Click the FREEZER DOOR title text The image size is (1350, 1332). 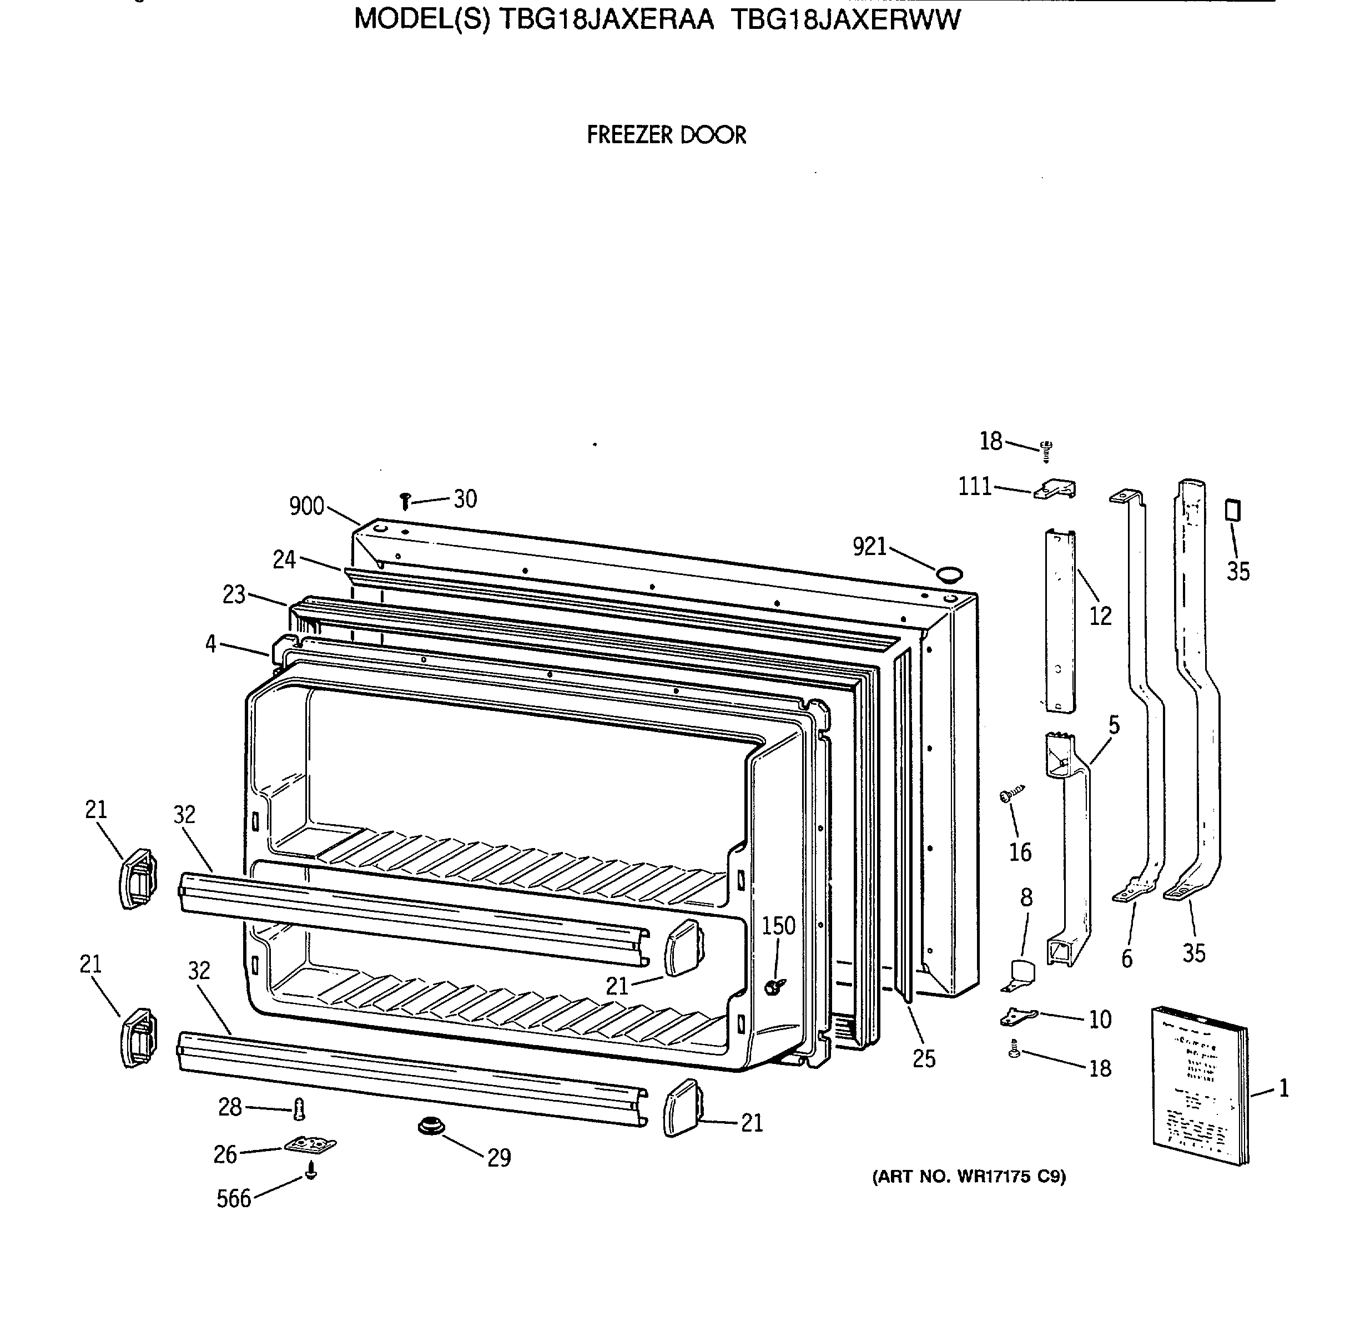[666, 135]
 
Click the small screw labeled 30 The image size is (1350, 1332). [405, 500]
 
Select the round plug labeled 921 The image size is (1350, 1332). [949, 575]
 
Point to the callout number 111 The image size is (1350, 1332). [975, 486]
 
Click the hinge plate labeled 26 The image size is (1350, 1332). [310, 1145]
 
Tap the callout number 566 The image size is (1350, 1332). [233, 1199]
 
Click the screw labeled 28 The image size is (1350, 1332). [299, 1108]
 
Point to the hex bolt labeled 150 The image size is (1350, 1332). [773, 986]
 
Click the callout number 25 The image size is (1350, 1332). [924, 1059]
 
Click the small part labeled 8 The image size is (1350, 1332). [1020, 973]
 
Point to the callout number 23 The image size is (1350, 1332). [234, 594]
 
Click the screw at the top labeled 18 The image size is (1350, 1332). [1046, 451]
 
